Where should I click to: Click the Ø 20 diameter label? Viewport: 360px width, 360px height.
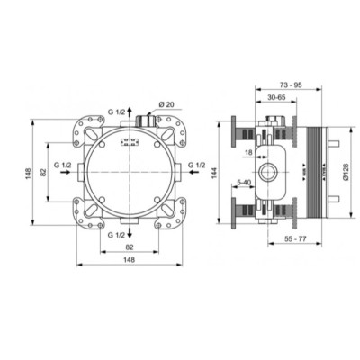tap(166, 106)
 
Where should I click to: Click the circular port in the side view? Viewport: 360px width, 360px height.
tap(267, 171)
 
